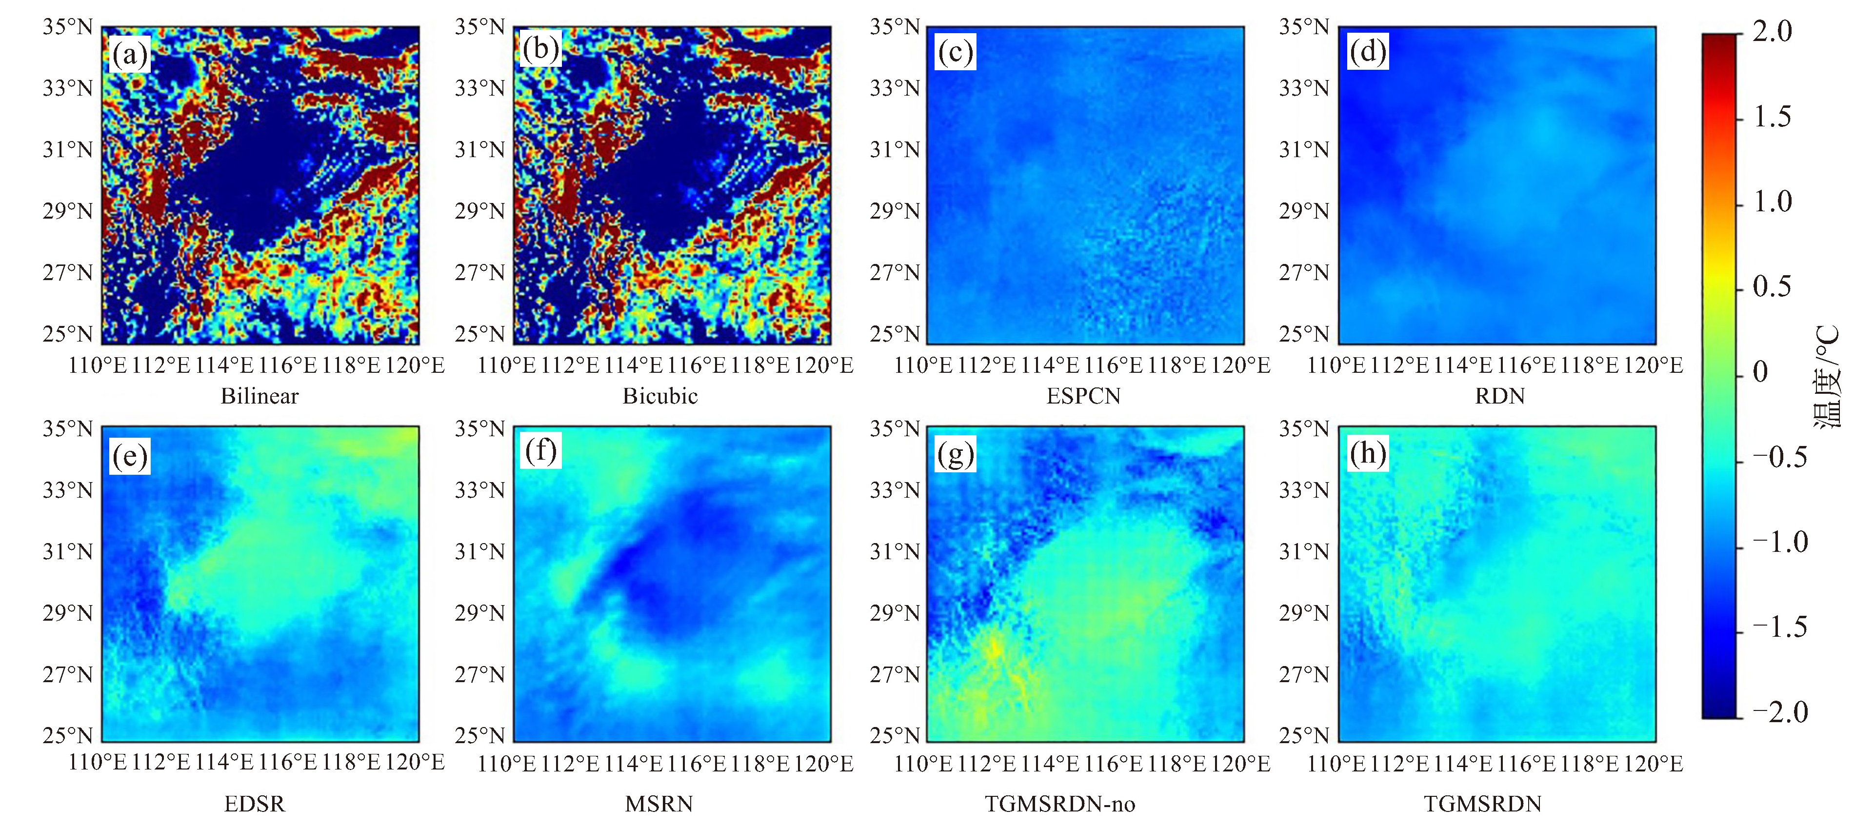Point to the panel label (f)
coord(540,451)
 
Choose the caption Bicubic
coord(660,396)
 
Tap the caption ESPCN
coord(1083,396)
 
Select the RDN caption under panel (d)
coord(1500,396)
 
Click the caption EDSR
coord(255,803)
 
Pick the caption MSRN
coord(658,803)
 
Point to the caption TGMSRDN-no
coord(1059,803)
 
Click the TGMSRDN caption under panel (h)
coord(1483,803)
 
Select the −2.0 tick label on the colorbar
coord(1779,712)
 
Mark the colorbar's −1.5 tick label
coord(1779,627)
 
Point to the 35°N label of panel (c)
coord(895,27)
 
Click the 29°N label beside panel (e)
coord(68,612)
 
